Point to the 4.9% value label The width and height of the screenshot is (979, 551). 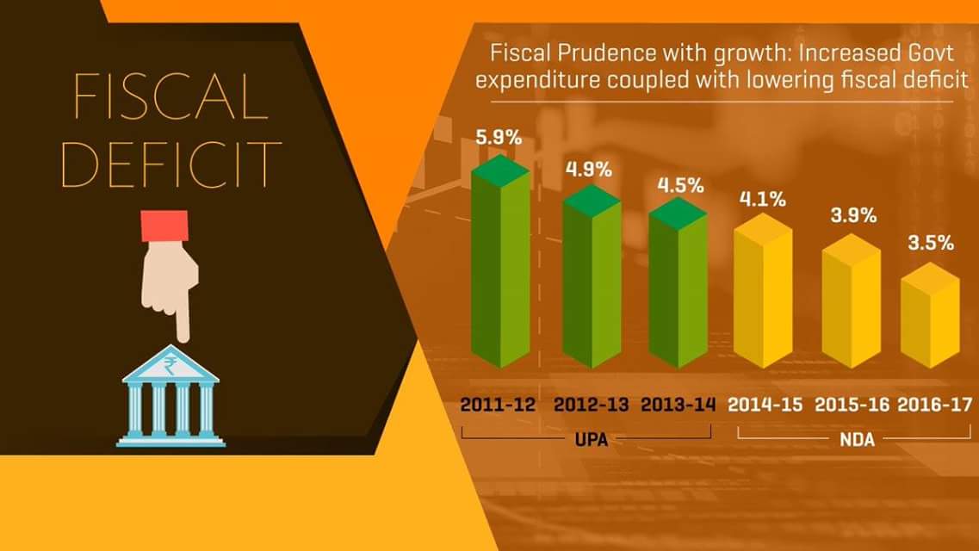point(589,169)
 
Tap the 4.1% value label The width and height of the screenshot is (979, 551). point(763,200)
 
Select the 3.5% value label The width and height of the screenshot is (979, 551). point(931,243)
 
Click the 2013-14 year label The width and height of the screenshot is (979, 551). point(678,404)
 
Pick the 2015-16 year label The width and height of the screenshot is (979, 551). point(852,404)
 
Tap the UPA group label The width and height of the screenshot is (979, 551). point(592,439)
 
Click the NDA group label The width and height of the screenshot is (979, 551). point(857,439)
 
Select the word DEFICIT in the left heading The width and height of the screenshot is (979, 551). point(172,163)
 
